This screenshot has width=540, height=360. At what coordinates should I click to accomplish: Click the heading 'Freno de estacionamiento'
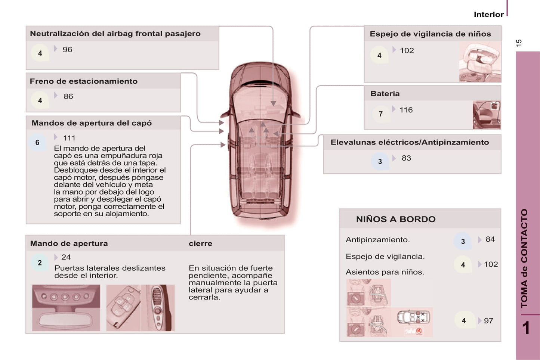click(84, 81)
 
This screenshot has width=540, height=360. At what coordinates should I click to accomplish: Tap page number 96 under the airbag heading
click(67, 49)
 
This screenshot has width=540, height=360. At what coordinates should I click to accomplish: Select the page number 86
click(68, 96)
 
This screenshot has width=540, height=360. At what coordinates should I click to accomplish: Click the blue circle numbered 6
click(37, 142)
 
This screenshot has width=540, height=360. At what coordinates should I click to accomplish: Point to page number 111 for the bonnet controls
click(69, 138)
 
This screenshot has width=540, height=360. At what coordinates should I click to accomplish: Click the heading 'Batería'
click(385, 93)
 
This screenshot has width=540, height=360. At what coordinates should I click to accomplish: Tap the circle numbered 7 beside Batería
click(380, 114)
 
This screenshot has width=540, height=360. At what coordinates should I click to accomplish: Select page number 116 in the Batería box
click(406, 110)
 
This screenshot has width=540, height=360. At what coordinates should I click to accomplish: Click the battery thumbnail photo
click(487, 115)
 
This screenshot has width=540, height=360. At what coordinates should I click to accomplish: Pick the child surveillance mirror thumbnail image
click(480, 62)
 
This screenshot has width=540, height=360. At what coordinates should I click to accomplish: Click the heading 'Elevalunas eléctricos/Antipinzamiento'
click(410, 142)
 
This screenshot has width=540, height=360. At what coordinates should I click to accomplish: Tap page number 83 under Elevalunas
click(406, 158)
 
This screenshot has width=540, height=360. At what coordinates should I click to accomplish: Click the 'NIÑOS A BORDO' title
click(396, 219)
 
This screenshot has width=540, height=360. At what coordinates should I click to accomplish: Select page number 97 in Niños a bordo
click(488, 321)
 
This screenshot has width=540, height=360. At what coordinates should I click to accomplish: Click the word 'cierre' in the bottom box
click(200, 243)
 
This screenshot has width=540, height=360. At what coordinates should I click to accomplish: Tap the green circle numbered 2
click(40, 263)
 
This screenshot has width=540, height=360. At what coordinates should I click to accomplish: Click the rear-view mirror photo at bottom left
click(66, 308)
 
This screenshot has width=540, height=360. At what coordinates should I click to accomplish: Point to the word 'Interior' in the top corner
click(488, 14)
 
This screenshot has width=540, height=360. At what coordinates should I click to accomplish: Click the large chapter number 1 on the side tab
click(526, 328)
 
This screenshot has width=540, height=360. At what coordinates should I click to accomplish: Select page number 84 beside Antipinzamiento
click(490, 239)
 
